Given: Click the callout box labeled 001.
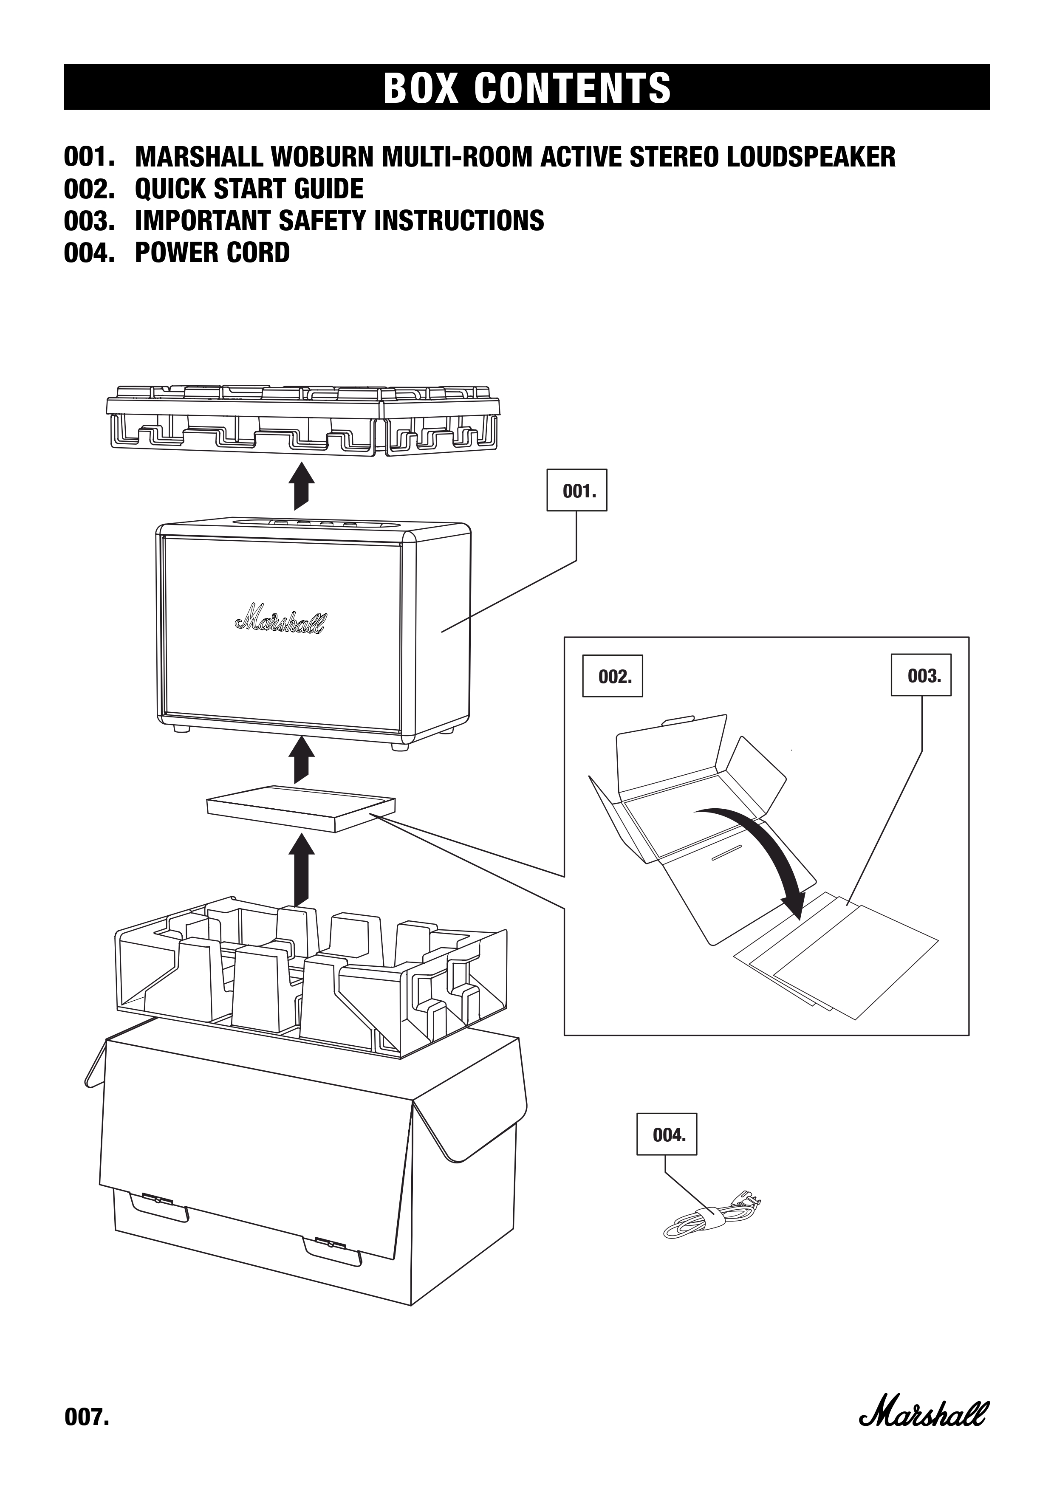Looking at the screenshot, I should (x=576, y=490).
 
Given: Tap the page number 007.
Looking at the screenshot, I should (x=86, y=1431).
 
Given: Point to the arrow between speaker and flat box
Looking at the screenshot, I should (x=300, y=761).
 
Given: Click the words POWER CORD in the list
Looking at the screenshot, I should (x=212, y=252).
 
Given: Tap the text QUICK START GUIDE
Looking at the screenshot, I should (x=249, y=189).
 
